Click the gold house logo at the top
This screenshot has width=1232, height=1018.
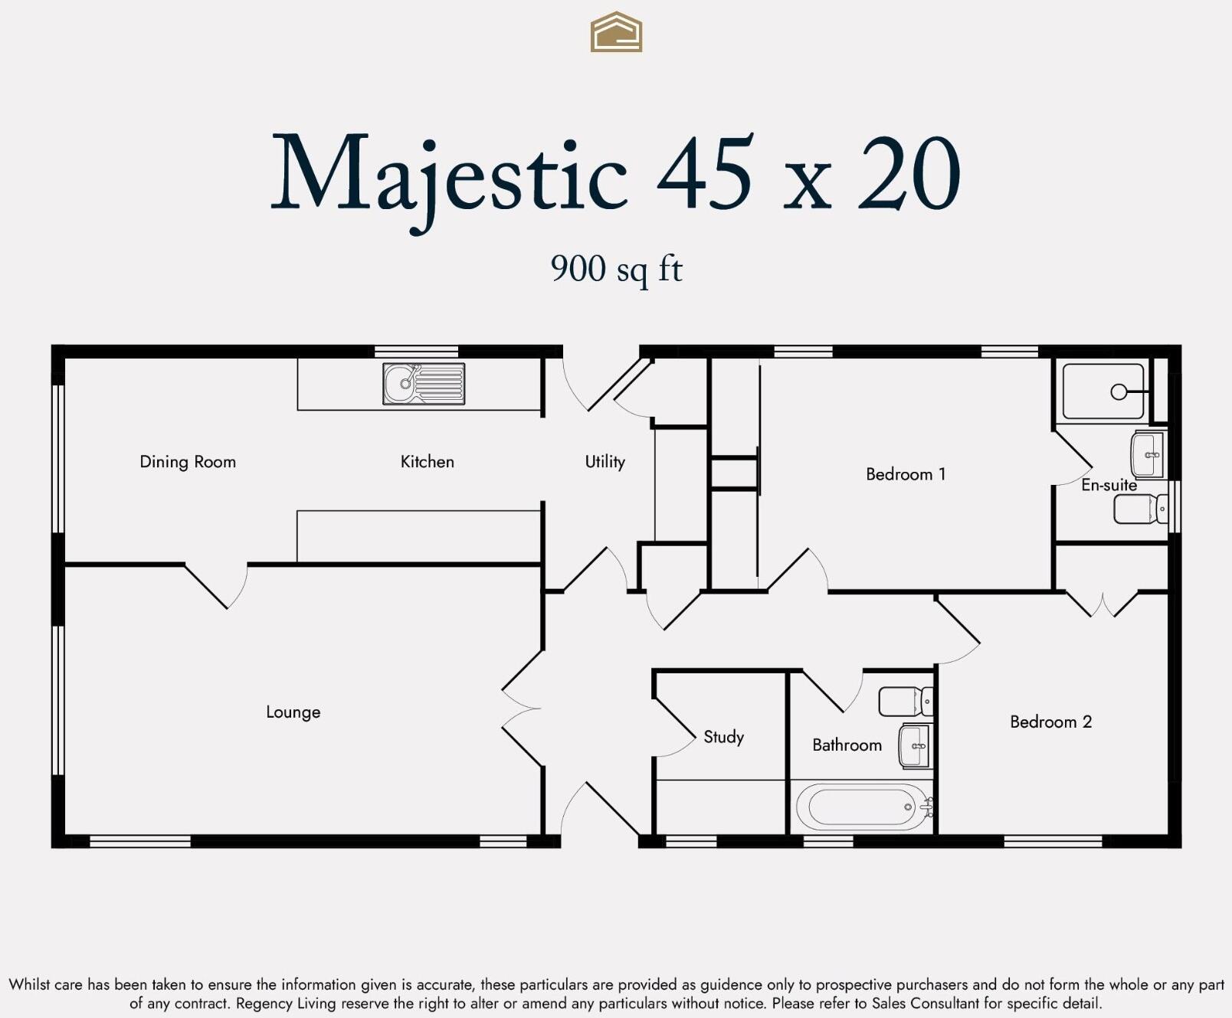[x=616, y=32]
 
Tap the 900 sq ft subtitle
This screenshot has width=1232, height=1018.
[x=616, y=269]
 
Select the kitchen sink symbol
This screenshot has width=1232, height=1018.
[x=424, y=384]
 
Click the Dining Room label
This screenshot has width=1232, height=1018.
[x=188, y=462]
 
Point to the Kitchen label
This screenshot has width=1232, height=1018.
[x=427, y=462]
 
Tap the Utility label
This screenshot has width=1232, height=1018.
[x=605, y=462]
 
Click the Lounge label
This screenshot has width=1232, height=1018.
[x=293, y=712]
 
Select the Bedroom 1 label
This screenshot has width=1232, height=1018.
[x=906, y=474]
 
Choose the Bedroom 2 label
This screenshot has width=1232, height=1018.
[x=1050, y=722]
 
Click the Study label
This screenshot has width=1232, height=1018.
[x=723, y=737]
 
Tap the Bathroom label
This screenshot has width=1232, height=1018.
[x=847, y=745]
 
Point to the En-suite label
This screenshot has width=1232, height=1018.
[x=1109, y=485]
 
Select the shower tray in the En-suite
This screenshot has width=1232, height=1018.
[x=1103, y=391]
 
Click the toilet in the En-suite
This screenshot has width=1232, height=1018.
[x=1139, y=509]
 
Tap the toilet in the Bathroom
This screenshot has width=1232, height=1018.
[x=905, y=701]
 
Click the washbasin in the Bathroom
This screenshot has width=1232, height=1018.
[x=914, y=745]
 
